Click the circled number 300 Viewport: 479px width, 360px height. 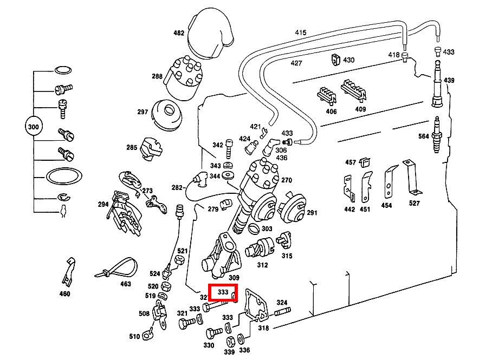pos(33,128)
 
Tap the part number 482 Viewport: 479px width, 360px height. pos(179,33)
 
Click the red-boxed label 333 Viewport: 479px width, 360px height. pos(223,292)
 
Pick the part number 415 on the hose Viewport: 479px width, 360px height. pos(300,33)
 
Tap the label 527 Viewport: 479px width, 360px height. pos(414,204)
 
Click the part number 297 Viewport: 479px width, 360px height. pos(143,112)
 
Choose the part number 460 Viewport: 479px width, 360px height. pos(64,294)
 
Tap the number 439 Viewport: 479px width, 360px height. pos(449,80)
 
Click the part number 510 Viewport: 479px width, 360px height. pos(134,337)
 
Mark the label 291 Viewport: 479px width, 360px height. pos(312,213)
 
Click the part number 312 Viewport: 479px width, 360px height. pos(262,265)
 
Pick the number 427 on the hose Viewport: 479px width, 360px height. pos(296,63)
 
